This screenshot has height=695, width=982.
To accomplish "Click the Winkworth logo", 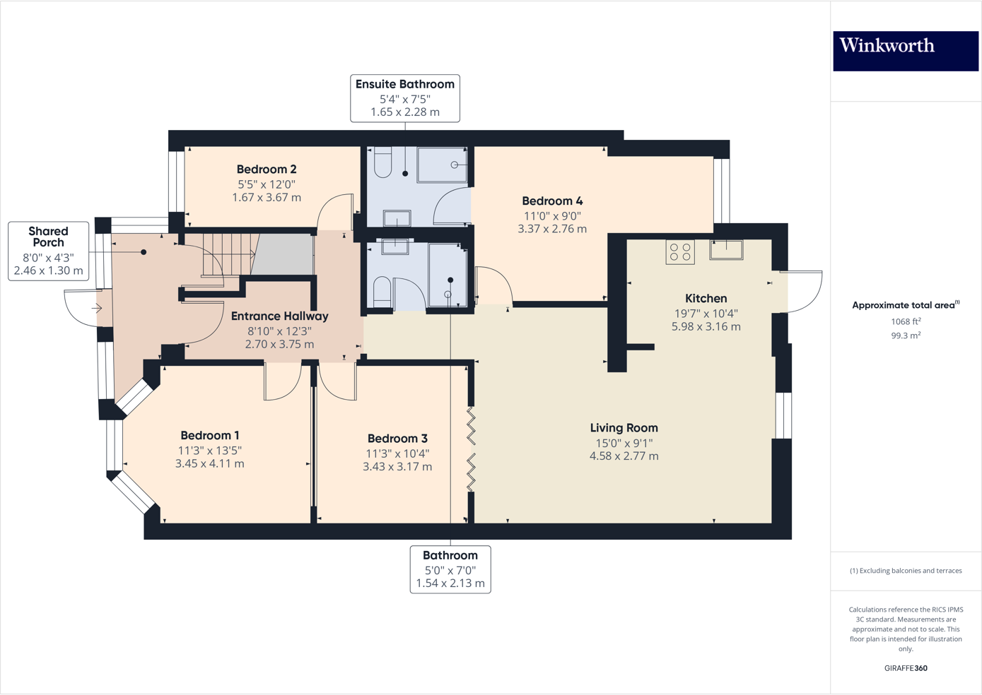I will tap(905, 50).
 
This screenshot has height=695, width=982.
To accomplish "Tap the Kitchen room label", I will tap(706, 299).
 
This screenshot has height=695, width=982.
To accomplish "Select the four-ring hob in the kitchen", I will tap(680, 252).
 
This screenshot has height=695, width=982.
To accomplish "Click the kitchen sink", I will tap(726, 249).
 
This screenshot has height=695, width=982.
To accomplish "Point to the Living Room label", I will tap(624, 428).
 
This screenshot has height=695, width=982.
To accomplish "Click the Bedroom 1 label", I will tap(209, 436).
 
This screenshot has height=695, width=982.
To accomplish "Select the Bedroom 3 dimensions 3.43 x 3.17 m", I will tap(397, 467).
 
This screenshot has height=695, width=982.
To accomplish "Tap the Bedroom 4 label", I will tap(552, 201).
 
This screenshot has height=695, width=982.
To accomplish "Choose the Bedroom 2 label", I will tap(267, 170).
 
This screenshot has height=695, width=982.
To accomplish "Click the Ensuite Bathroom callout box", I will tap(405, 98).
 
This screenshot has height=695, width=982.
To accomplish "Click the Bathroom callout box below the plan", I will tap(450, 569).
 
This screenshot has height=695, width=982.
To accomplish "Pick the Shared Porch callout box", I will tap(48, 251).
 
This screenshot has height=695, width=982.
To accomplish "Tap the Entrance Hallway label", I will tap(279, 316).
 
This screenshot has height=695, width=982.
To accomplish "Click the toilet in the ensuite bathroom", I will tap(383, 162).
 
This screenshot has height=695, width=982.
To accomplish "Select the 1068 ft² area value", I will tap(905, 321).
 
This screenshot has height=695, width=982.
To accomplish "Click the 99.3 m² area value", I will tap(905, 336).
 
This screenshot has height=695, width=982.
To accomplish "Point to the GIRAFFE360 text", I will tap(906, 668).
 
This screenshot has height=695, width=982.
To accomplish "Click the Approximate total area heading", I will tap(905, 305).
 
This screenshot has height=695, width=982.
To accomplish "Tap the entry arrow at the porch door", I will tap(97, 309).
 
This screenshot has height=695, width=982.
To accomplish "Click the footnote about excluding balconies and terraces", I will tap(906, 571).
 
